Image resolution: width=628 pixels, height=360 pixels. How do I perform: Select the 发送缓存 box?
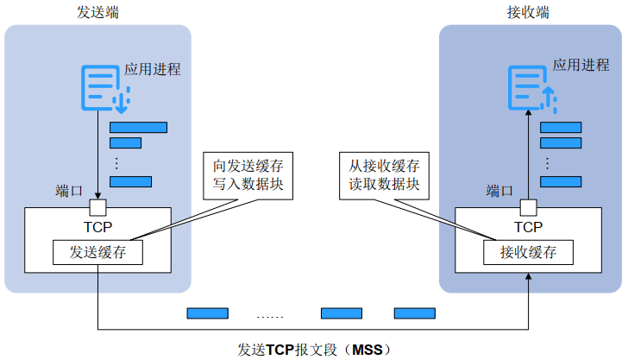coord(97,253)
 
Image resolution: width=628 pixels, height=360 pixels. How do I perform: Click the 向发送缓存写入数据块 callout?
coord(248,174)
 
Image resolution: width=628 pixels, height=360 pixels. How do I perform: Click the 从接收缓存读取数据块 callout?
coord(385,174)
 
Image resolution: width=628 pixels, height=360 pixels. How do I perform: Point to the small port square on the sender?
coord(98,207)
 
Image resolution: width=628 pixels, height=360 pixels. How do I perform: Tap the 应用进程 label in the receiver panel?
coord(581,65)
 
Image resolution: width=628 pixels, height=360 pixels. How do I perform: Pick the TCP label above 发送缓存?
coord(97,227)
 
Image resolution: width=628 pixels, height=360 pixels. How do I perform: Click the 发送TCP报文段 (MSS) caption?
coord(314,350)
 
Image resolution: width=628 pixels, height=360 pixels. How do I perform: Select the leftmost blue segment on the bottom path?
coord(208,313)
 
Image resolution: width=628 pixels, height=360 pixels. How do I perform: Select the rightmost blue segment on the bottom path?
coord(415,313)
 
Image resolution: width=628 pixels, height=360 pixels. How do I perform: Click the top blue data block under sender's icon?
coord(138,128)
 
